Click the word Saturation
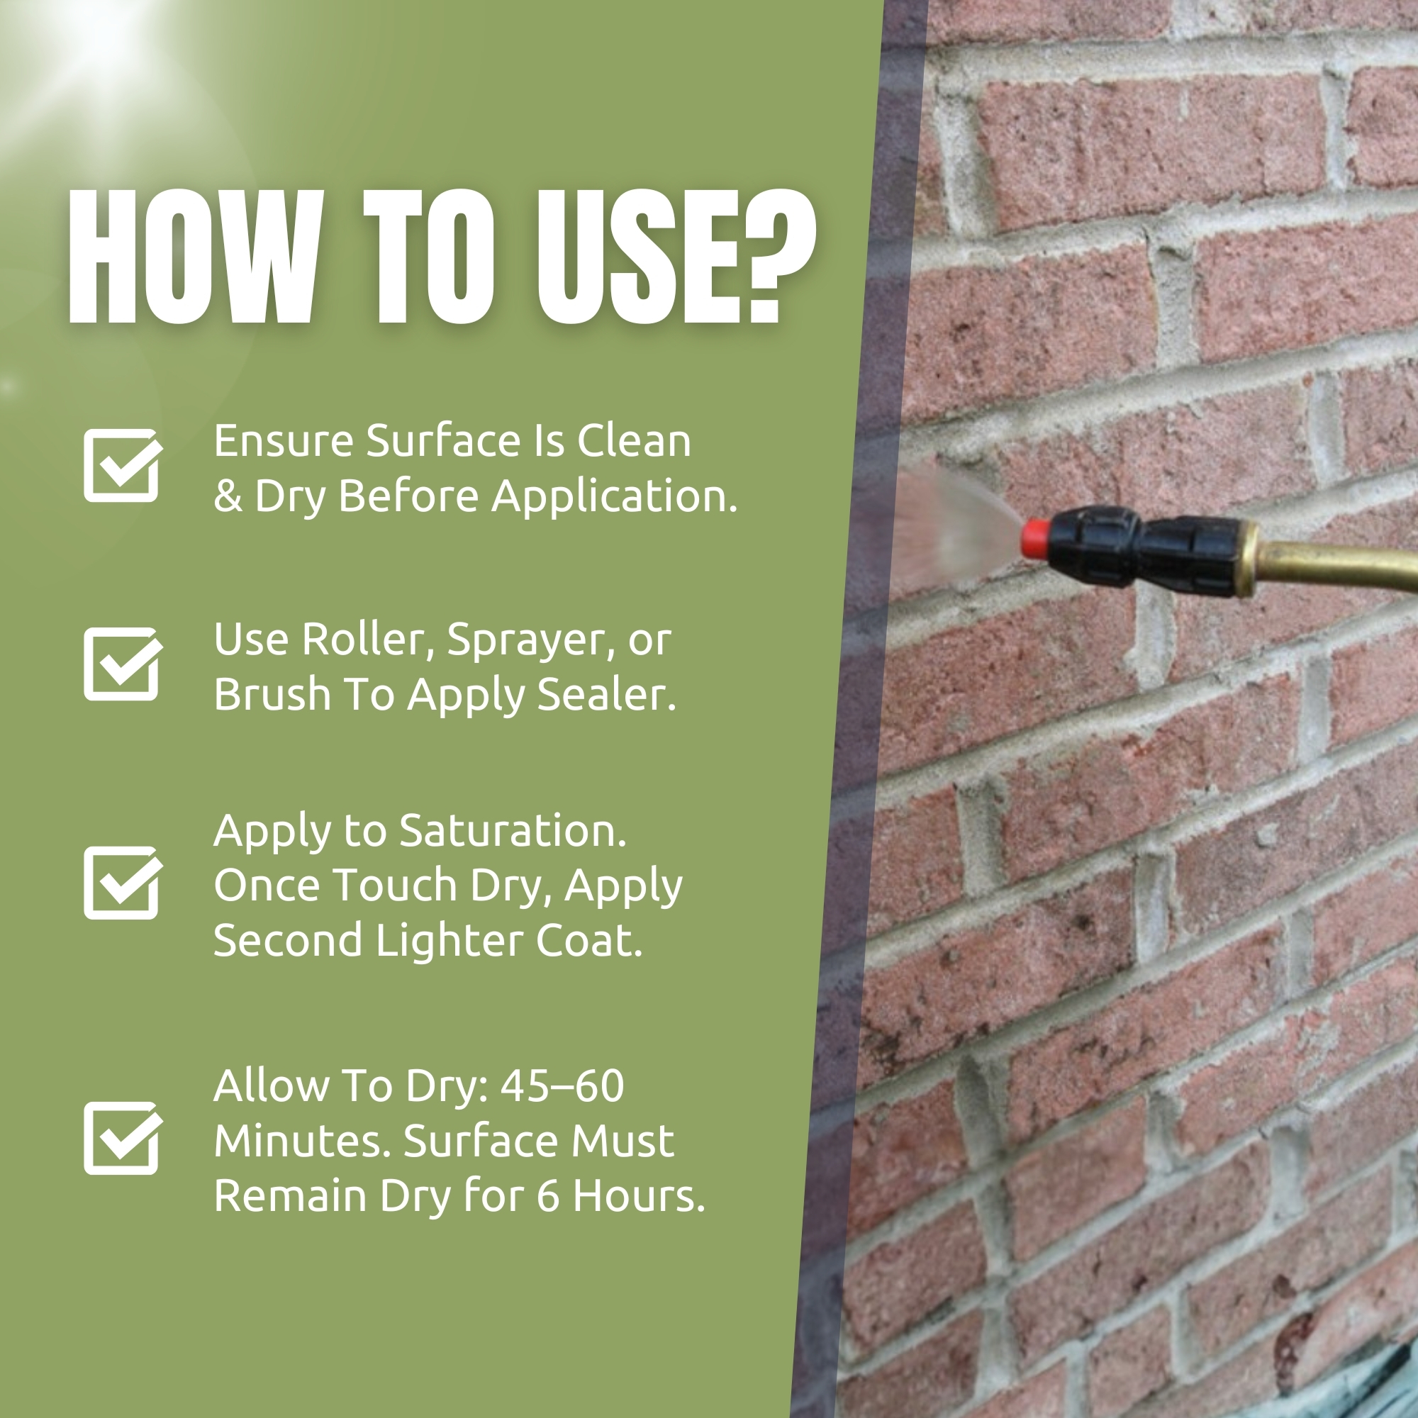click(x=513, y=832)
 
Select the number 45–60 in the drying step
click(x=562, y=1086)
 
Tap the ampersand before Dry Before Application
click(x=228, y=497)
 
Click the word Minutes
click(x=303, y=1141)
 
